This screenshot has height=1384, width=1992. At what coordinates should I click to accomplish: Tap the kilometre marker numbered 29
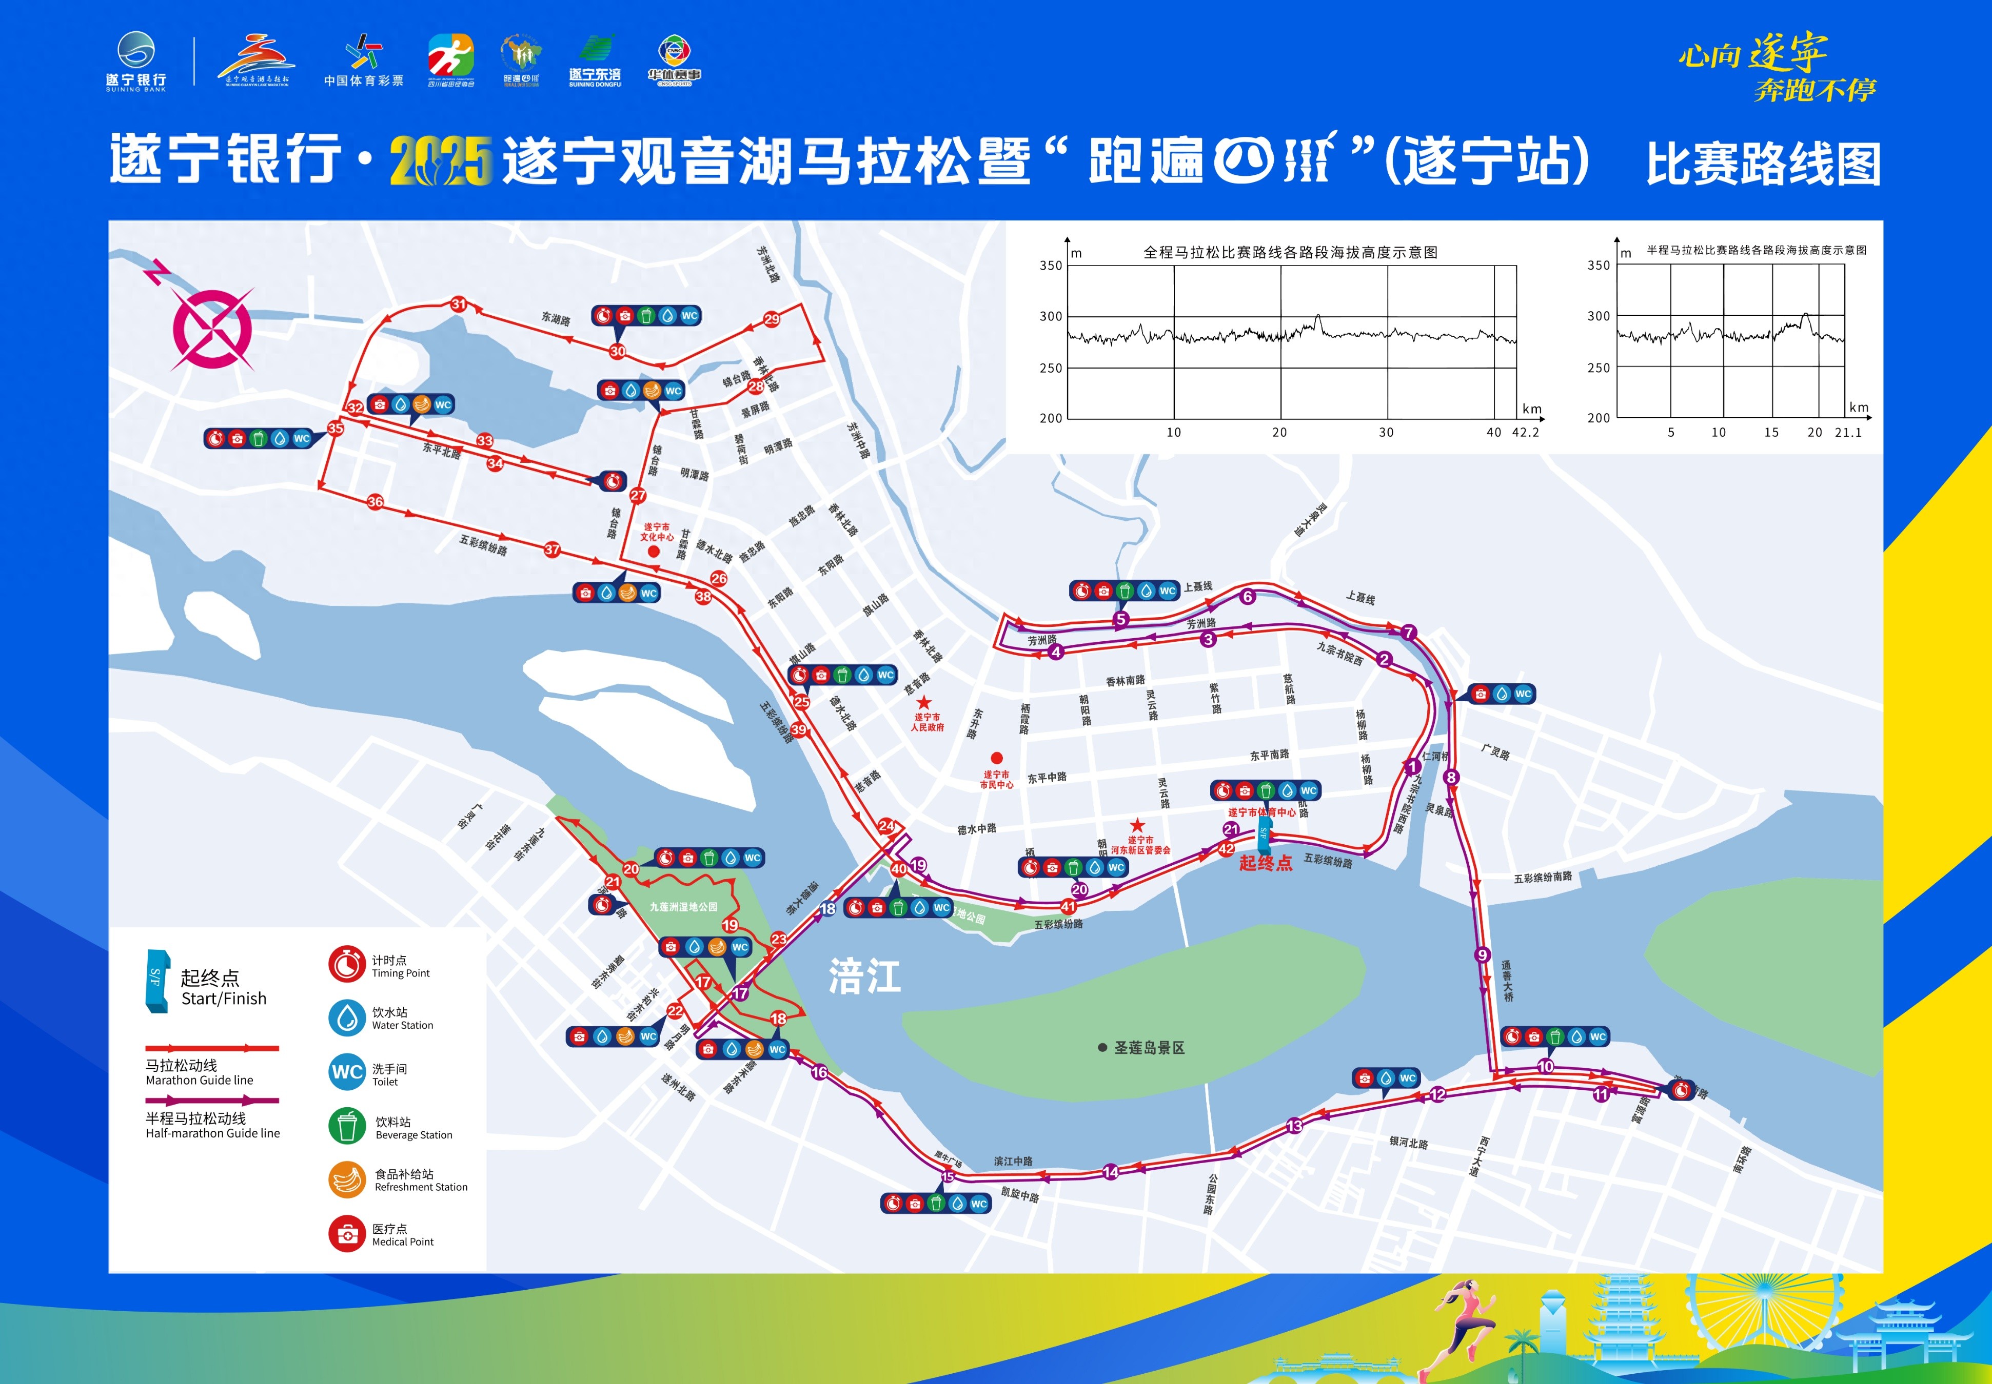pyautogui.click(x=771, y=319)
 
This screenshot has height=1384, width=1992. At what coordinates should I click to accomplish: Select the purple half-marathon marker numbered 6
pyautogui.click(x=1248, y=597)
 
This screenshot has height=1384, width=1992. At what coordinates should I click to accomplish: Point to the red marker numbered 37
pyautogui.click(x=552, y=550)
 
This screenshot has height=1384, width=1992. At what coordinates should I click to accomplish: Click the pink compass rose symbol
pyautogui.click(x=212, y=328)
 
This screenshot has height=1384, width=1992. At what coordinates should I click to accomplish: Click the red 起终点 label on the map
pyautogui.click(x=1265, y=863)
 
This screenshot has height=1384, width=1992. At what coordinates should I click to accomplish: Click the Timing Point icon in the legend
pyautogui.click(x=346, y=964)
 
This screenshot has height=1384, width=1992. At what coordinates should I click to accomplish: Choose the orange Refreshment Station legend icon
pyautogui.click(x=347, y=1179)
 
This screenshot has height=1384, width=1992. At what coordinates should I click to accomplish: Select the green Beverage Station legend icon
pyautogui.click(x=347, y=1126)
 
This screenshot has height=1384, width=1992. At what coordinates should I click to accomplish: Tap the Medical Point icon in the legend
pyautogui.click(x=347, y=1234)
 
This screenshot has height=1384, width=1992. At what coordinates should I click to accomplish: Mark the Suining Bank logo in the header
pyautogui.click(x=136, y=60)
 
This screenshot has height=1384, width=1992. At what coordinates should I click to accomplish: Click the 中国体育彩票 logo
pyautogui.click(x=364, y=60)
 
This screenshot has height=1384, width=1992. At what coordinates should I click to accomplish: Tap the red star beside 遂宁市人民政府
pyautogui.click(x=925, y=702)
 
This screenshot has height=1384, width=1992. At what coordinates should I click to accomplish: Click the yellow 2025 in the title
pyautogui.click(x=441, y=161)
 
